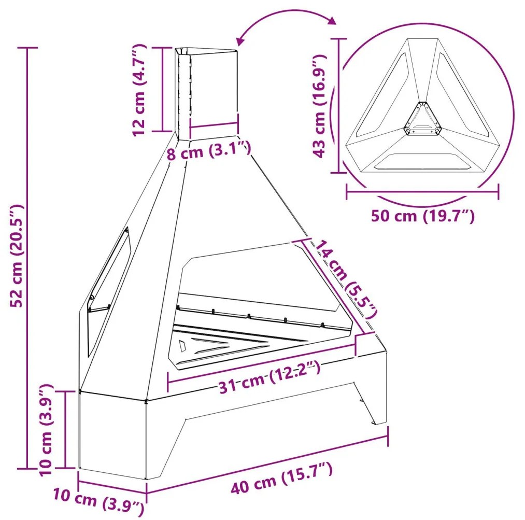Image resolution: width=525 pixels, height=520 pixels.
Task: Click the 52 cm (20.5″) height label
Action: pyautogui.click(x=17, y=256)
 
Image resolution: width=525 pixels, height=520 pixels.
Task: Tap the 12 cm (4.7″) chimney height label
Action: pyautogui.click(x=139, y=90)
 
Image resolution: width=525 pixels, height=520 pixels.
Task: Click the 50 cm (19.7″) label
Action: pyautogui.click(x=423, y=216)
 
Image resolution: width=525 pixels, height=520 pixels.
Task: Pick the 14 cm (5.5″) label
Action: pyautogui.click(x=345, y=278)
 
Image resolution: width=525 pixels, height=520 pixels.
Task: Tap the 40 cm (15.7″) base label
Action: pyautogui.click(x=281, y=477)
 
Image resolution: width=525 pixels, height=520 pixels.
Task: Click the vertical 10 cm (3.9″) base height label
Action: pyautogui.click(x=47, y=430)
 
